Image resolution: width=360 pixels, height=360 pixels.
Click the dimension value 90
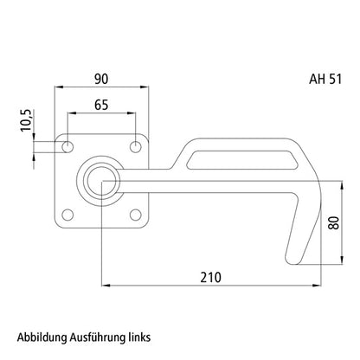101,79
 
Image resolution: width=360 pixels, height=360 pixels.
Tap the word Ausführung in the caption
106,336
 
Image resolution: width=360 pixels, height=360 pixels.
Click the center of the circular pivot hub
102,181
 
